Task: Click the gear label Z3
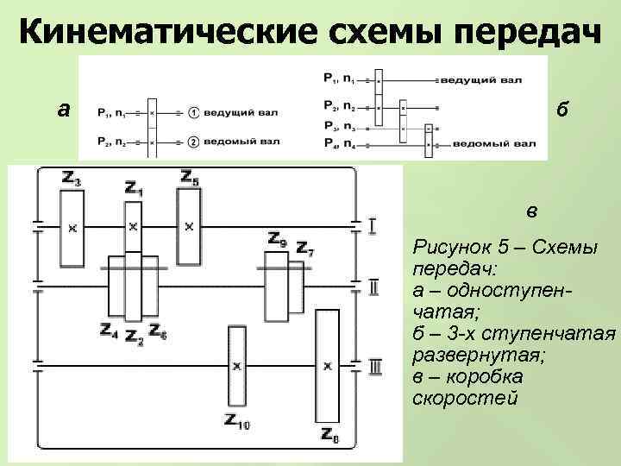72,179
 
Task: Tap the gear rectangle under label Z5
189,227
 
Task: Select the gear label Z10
236,422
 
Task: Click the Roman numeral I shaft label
372,227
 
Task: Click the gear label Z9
277,239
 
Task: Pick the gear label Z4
109,330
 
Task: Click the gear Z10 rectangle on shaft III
236,367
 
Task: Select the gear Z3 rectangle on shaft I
72,228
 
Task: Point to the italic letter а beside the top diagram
62,110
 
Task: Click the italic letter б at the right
561,110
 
